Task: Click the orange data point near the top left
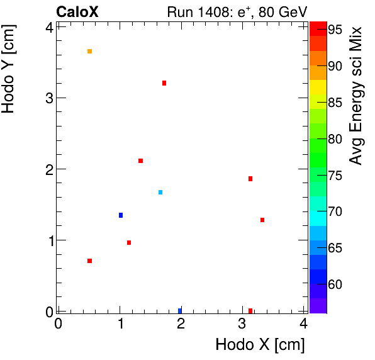pyautogui.click(x=90, y=51)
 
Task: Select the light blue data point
pyautogui.click(x=160, y=192)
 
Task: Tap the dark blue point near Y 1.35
pyautogui.click(x=121, y=215)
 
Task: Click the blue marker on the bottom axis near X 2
pyautogui.click(x=180, y=310)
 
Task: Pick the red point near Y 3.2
pyautogui.click(x=164, y=83)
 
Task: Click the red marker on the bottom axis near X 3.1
pyautogui.click(x=250, y=310)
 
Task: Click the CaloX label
pyautogui.click(x=77, y=11)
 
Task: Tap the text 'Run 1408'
pyautogui.click(x=191, y=11)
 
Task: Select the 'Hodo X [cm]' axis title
pyautogui.click(x=260, y=345)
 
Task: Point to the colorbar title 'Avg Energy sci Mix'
pyautogui.click(x=356, y=96)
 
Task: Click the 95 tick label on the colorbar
pyautogui.click(x=334, y=30)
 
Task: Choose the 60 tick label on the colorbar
pyautogui.click(x=334, y=285)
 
